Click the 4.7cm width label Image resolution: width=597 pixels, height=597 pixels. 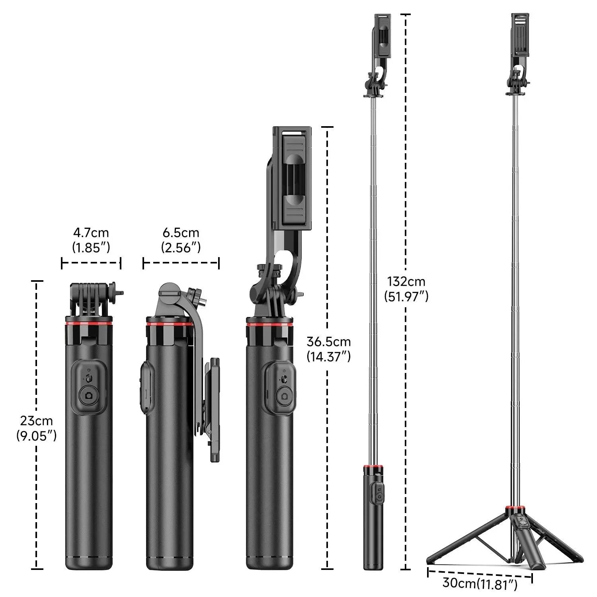point(91,233)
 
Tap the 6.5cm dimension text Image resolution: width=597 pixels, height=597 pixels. point(181,233)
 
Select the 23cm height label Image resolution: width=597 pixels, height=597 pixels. point(36,421)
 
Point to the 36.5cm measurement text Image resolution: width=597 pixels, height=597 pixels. point(328,342)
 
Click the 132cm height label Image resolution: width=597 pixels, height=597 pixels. point(406,282)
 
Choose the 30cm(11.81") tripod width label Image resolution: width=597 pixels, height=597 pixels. point(480,583)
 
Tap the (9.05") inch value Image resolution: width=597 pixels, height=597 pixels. point(36,436)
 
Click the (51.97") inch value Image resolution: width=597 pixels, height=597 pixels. point(406,297)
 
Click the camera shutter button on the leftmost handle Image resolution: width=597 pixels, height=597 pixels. point(89,396)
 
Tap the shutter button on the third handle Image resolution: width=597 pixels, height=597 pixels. point(284,396)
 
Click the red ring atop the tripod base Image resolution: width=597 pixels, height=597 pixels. point(515,509)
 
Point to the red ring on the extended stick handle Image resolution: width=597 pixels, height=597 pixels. point(373,466)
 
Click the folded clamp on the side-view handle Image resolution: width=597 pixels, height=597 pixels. point(214,410)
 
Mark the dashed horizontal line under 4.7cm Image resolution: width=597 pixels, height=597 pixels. point(91,263)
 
